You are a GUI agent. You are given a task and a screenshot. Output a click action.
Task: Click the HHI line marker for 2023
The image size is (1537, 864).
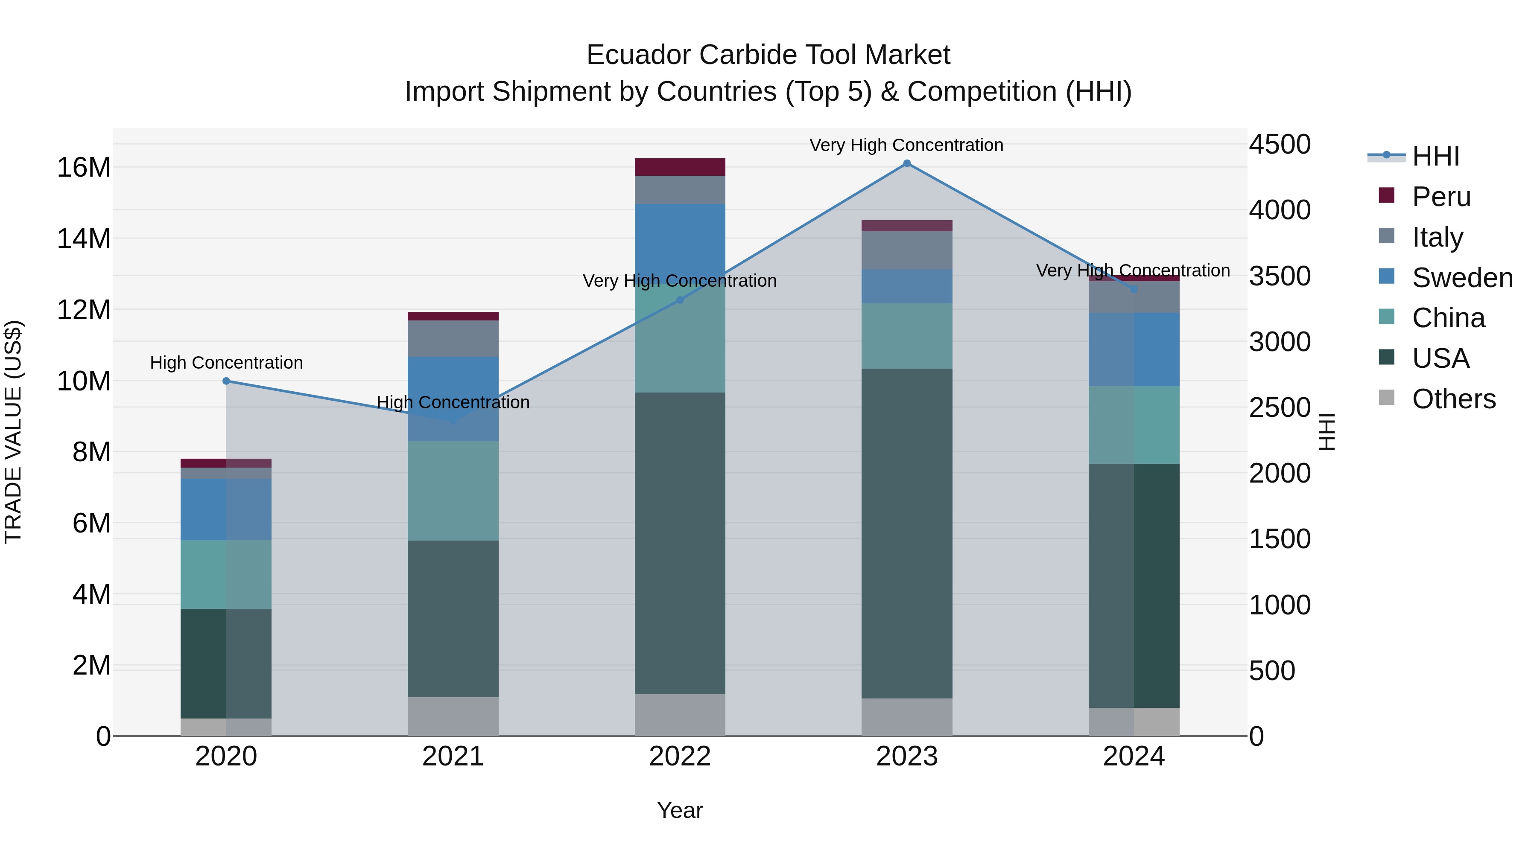[906, 163]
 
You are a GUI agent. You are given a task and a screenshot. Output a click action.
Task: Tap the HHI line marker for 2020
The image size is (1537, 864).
[226, 381]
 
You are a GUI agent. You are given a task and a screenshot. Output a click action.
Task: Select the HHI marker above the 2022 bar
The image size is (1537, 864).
[680, 300]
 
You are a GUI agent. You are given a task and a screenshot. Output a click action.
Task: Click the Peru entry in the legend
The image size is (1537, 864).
[1441, 196]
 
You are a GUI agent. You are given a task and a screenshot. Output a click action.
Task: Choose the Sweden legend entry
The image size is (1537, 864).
[1462, 277]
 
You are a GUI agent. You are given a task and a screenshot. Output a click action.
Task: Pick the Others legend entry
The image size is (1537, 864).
[1453, 399]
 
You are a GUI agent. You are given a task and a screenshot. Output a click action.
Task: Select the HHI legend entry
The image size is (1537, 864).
[1435, 156]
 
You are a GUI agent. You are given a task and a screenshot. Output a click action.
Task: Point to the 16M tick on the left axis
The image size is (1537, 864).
[84, 168]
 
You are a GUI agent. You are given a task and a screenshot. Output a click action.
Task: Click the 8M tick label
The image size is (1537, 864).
[91, 452]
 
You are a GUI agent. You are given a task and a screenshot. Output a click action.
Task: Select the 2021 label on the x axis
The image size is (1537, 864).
[453, 756]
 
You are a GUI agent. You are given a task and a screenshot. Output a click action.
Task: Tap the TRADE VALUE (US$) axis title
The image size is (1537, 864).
[13, 432]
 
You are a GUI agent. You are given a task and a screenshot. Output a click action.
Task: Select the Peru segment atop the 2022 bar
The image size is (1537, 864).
[680, 167]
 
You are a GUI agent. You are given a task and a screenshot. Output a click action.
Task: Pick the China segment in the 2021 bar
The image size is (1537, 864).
[453, 491]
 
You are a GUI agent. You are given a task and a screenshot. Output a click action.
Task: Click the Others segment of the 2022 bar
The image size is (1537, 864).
[680, 715]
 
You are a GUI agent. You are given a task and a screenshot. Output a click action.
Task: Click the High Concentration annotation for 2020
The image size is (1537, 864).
[226, 363]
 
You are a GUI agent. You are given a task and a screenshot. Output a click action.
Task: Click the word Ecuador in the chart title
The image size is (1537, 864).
[638, 55]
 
